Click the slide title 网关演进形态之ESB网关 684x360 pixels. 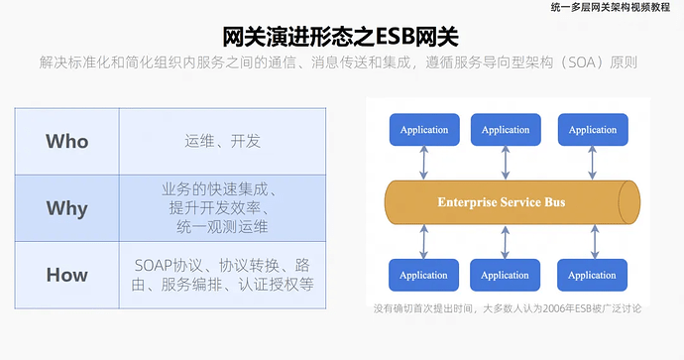(x=341, y=38)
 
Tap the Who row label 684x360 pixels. (x=66, y=141)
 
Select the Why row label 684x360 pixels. (x=66, y=208)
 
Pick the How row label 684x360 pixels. (x=66, y=275)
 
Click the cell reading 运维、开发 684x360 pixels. (x=223, y=141)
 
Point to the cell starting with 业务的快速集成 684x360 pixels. (x=223, y=208)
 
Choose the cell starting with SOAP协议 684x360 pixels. (x=223, y=275)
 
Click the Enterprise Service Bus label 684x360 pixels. (x=502, y=202)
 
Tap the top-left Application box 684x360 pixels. (x=423, y=130)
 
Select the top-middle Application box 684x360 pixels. (x=506, y=130)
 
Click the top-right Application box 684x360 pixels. (x=592, y=130)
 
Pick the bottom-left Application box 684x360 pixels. (x=423, y=275)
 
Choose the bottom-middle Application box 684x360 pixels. (x=506, y=275)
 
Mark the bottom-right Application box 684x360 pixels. (x=592, y=275)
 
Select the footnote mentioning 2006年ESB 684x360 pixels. (x=507, y=308)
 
